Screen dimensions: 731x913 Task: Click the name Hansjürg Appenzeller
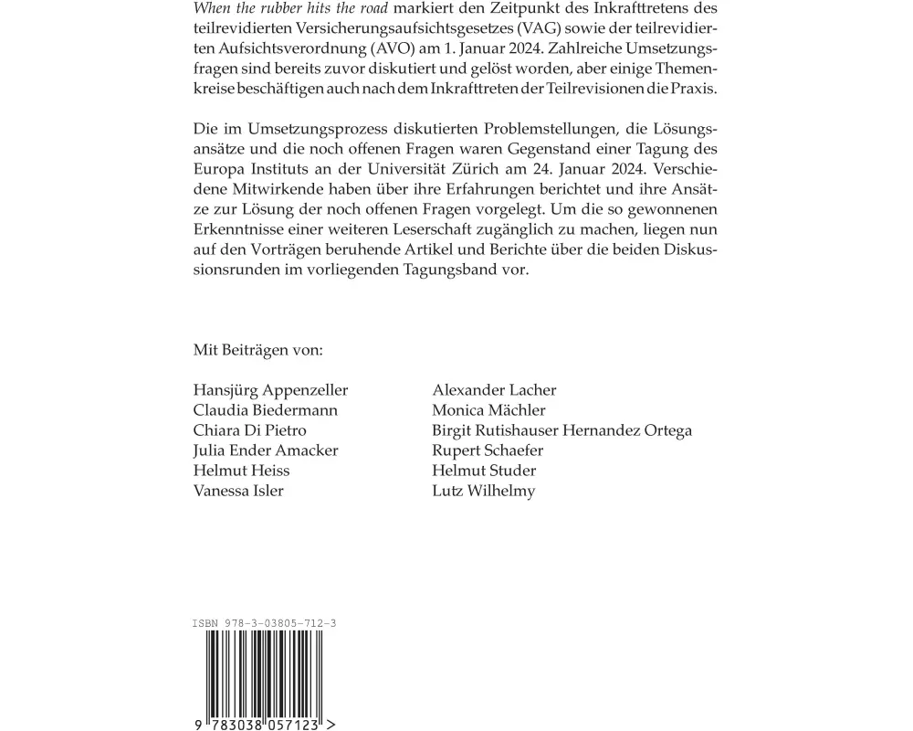(x=270, y=390)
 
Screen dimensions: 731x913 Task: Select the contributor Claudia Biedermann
(x=266, y=410)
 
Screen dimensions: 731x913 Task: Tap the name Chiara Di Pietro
(x=250, y=430)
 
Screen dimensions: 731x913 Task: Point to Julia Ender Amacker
(x=266, y=450)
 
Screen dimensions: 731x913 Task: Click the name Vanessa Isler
(x=238, y=491)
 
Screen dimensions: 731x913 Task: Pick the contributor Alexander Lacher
(x=494, y=390)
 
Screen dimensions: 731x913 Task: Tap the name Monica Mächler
(x=488, y=410)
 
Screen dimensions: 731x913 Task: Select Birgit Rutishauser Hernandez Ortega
(x=561, y=430)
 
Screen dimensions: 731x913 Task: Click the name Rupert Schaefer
(x=488, y=450)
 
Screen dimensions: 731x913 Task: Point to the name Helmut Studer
(x=484, y=471)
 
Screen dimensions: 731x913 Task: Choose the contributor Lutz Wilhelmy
(x=483, y=491)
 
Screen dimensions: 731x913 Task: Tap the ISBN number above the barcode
(x=265, y=623)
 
